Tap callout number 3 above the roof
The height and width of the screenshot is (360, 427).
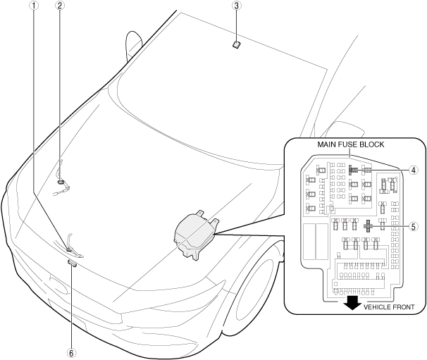point(237,6)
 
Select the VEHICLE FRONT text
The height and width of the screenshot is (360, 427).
point(384,308)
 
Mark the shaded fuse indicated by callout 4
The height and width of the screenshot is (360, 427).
point(352,170)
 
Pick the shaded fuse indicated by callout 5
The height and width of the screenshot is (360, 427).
point(368,227)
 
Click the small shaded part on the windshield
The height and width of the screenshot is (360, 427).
point(237,44)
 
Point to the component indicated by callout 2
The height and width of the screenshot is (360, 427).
point(61,182)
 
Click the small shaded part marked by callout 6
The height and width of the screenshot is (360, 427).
point(72,263)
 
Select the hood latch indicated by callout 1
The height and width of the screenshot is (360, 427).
point(73,247)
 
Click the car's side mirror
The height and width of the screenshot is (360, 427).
point(132,46)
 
